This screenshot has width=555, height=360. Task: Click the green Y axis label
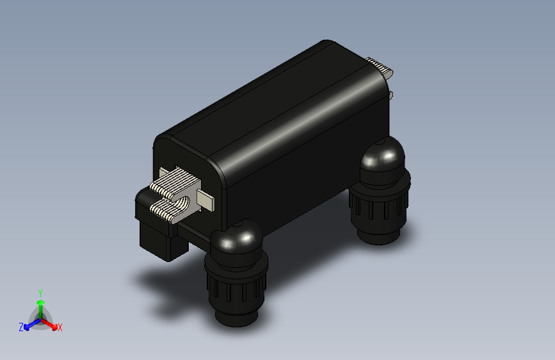pyautogui.click(x=40, y=293)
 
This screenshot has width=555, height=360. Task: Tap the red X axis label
pyautogui.click(x=60, y=327)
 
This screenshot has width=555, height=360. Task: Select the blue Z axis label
pyautogui.click(x=21, y=327)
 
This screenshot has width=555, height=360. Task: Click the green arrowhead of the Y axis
pyautogui.click(x=41, y=302)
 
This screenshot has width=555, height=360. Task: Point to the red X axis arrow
pyautogui.click(x=49, y=324)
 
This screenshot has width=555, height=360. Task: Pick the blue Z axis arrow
pyautogui.click(x=33, y=324)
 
